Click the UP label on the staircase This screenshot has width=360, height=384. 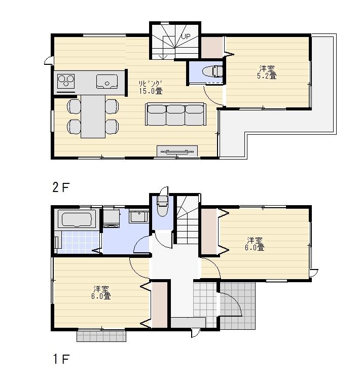click(186, 36)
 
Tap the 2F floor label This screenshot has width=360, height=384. click(60, 187)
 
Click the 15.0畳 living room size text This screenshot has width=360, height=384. click(151, 91)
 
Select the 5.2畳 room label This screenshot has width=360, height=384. click(268, 76)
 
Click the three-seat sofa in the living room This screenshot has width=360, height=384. click(175, 114)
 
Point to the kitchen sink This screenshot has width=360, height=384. click(106, 81)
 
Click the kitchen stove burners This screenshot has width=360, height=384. click(66, 81)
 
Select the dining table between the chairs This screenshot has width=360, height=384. click(92, 116)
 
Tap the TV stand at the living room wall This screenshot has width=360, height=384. click(177, 151)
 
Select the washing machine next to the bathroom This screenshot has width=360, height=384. click(111, 218)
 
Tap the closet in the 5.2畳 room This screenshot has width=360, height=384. click(212, 48)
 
